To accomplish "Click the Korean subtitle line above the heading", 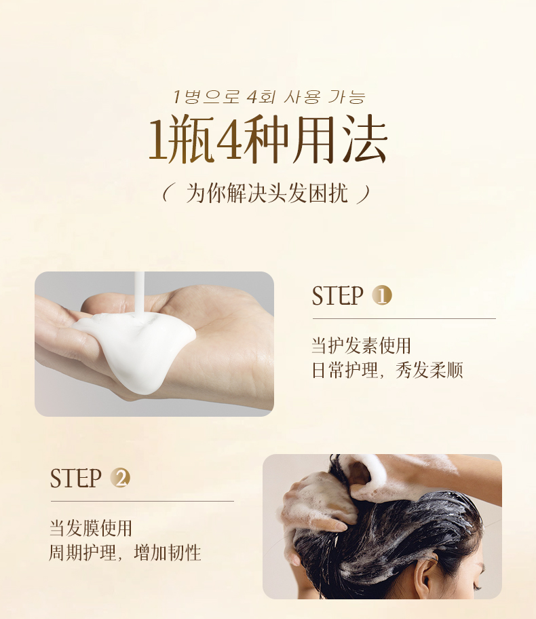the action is [269, 97].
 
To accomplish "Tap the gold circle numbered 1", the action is [382, 295].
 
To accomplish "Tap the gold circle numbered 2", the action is [120, 478].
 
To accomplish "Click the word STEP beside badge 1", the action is [337, 296].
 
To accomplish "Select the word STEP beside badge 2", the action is [75, 478].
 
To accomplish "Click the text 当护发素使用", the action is [361, 346].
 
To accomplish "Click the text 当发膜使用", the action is [90, 528].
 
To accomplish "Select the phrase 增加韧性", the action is [168, 552].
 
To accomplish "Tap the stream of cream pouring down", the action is [139, 294].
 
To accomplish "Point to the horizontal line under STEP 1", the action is [404, 318].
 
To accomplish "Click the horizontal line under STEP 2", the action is [142, 502].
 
